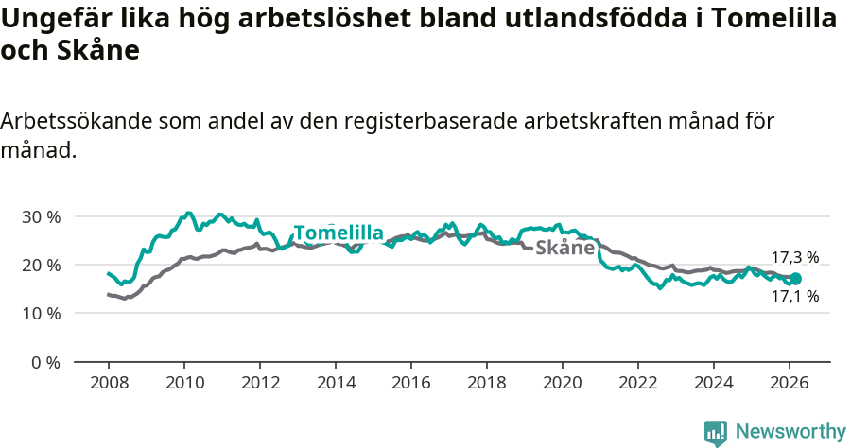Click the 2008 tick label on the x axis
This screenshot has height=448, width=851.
coord(108,383)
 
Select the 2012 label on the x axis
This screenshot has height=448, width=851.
coord(259,383)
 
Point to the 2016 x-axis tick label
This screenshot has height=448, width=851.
coord(410,383)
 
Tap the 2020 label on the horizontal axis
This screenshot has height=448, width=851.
coord(562,383)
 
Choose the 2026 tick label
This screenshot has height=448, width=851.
coord(789,383)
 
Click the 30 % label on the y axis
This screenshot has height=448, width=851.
coord(41,216)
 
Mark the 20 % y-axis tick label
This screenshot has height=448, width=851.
coord(41,265)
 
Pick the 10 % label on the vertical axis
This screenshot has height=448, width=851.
coord(41,314)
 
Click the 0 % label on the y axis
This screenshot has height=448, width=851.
coord(44,362)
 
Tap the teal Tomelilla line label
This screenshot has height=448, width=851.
coord(339,233)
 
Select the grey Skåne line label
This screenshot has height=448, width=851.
coord(564,249)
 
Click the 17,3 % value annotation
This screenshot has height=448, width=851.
coord(794,257)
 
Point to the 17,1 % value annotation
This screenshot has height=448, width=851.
coord(794,296)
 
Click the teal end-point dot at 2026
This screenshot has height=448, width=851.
coord(795,279)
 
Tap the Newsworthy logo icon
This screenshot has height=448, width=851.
coord(716,432)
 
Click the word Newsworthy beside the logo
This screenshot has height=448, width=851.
coord(790,432)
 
